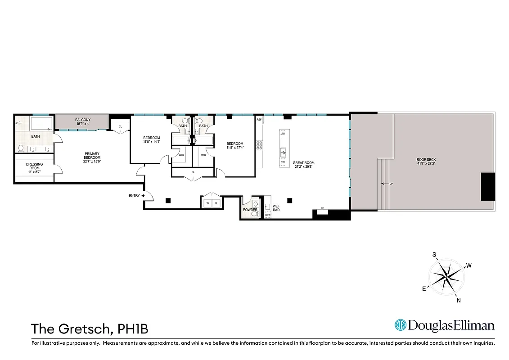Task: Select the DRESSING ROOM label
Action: click(34, 165)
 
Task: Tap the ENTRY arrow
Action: click(143, 196)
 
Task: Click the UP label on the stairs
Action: click(391, 184)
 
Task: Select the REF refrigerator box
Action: click(259, 120)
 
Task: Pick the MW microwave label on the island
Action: click(283, 134)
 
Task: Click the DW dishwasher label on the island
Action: click(283, 162)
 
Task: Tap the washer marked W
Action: click(207, 203)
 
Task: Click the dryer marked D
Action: click(216, 203)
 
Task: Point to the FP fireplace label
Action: click(322, 208)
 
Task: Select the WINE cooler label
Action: click(267, 215)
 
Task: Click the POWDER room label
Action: click(250, 210)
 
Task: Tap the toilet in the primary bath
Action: click(21, 148)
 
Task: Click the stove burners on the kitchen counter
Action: click(259, 145)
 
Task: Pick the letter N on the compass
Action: click(459, 300)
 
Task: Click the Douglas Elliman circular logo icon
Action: click(400, 325)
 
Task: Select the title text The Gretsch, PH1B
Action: click(90, 329)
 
